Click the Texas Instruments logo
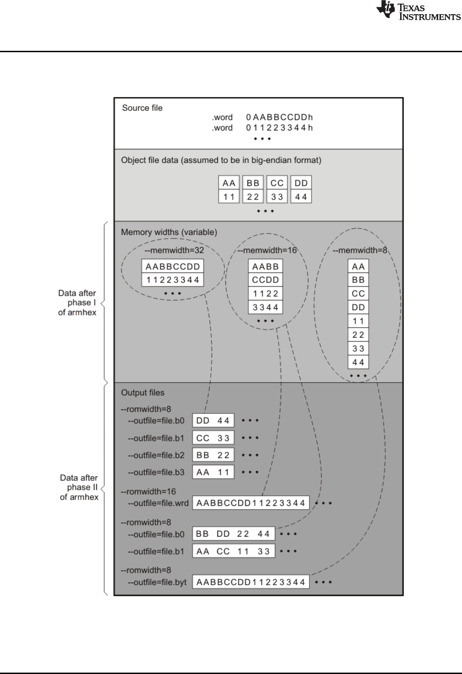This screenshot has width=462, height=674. [418, 11]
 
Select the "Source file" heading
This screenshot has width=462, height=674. [142, 108]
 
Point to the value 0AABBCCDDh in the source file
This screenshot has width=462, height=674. [279, 118]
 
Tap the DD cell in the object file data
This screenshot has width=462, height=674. [301, 183]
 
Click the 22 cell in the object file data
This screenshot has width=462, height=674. [253, 197]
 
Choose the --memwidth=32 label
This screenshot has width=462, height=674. [174, 250]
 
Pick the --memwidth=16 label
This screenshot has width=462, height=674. [267, 250]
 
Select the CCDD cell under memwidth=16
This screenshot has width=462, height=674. [265, 280]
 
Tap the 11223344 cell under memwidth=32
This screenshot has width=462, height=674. [173, 280]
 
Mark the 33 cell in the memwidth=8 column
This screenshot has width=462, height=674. [358, 348]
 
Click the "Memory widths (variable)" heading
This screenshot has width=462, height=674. [169, 232]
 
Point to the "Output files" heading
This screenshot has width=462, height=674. [143, 393]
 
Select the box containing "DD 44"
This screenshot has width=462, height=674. [213, 420]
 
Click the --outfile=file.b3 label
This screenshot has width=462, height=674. [156, 472]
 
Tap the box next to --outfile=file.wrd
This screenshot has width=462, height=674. [251, 503]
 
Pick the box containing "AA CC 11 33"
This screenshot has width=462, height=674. [234, 551]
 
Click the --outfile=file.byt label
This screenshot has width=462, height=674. [157, 582]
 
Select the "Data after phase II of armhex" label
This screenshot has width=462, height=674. [79, 487]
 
